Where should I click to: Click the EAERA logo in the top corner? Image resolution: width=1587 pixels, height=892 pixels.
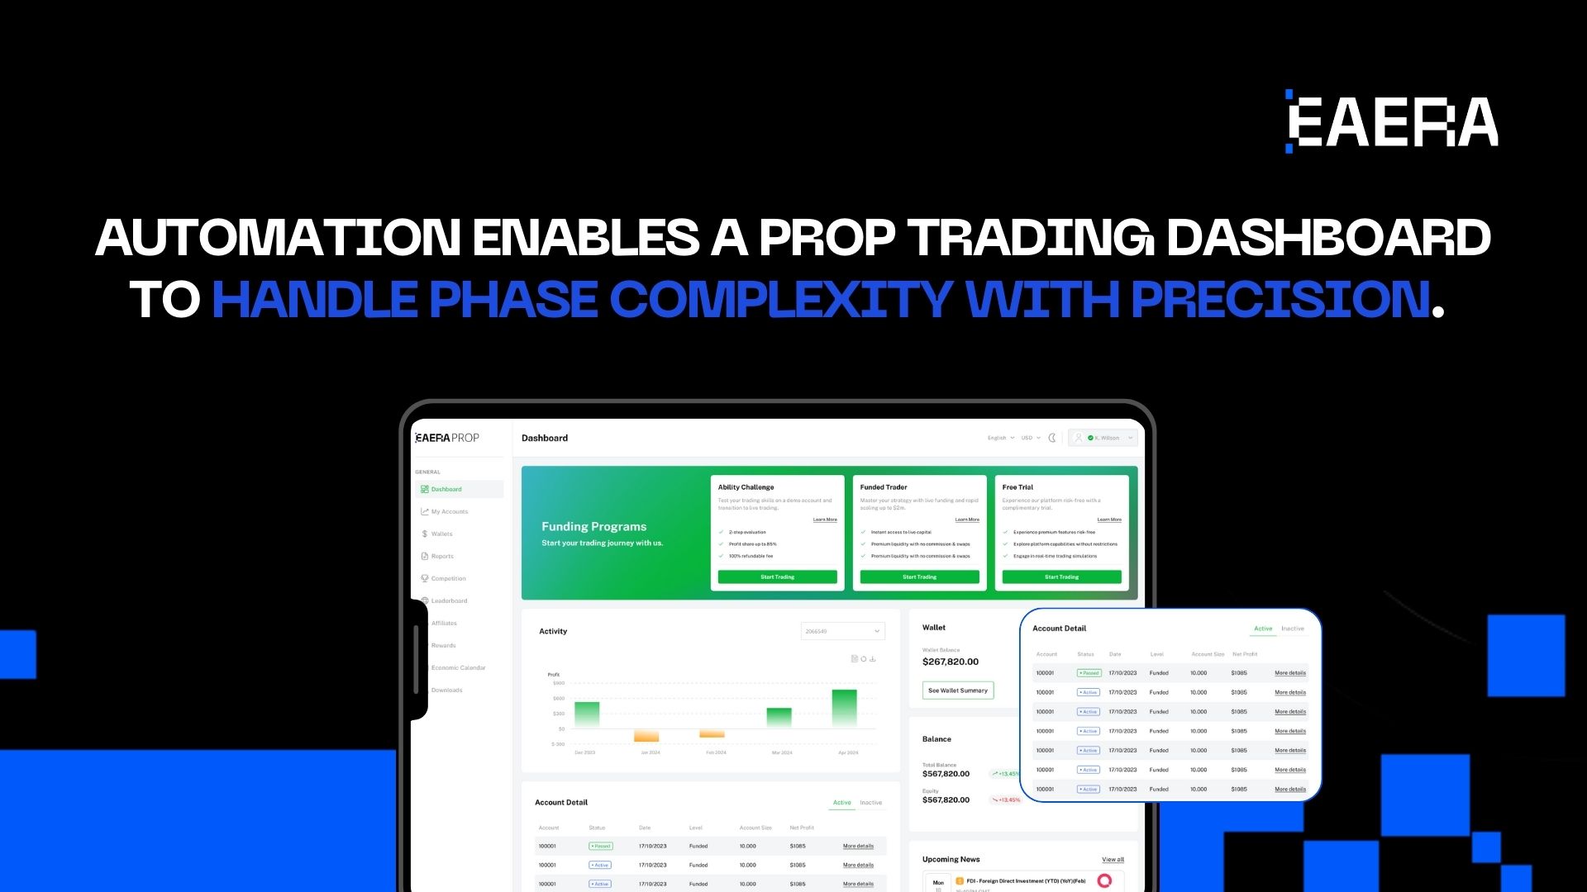point(1393,121)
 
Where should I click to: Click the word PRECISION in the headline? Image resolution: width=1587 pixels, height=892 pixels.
point(1280,299)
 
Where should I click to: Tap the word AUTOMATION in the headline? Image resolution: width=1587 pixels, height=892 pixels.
point(278,238)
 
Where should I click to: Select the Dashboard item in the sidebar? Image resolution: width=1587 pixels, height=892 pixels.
point(446,490)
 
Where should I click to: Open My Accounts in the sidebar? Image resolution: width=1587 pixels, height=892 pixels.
point(449,512)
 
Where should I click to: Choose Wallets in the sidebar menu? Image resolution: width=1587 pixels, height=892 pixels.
point(441,534)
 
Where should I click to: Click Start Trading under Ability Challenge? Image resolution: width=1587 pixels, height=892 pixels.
point(777,577)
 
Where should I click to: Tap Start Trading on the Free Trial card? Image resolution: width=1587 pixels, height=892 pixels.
point(1061,577)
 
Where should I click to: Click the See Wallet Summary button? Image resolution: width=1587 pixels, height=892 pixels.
point(957,690)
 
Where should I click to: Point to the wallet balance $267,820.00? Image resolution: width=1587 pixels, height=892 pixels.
point(950,662)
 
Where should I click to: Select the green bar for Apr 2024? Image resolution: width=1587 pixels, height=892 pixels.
point(844,708)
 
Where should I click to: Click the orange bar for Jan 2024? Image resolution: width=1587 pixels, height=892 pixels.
point(646,736)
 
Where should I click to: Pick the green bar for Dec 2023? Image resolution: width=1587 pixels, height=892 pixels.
point(587,714)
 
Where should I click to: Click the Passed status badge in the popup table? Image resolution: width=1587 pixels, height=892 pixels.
point(1089,673)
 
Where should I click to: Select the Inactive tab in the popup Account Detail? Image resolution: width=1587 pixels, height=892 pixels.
point(1292,629)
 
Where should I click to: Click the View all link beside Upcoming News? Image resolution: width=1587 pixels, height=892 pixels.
point(1113,860)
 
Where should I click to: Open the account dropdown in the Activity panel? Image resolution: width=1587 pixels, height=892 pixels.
point(842,632)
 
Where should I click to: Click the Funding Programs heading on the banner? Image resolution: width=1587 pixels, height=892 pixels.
point(593,527)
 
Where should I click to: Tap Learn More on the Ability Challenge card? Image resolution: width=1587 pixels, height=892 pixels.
point(824,520)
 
